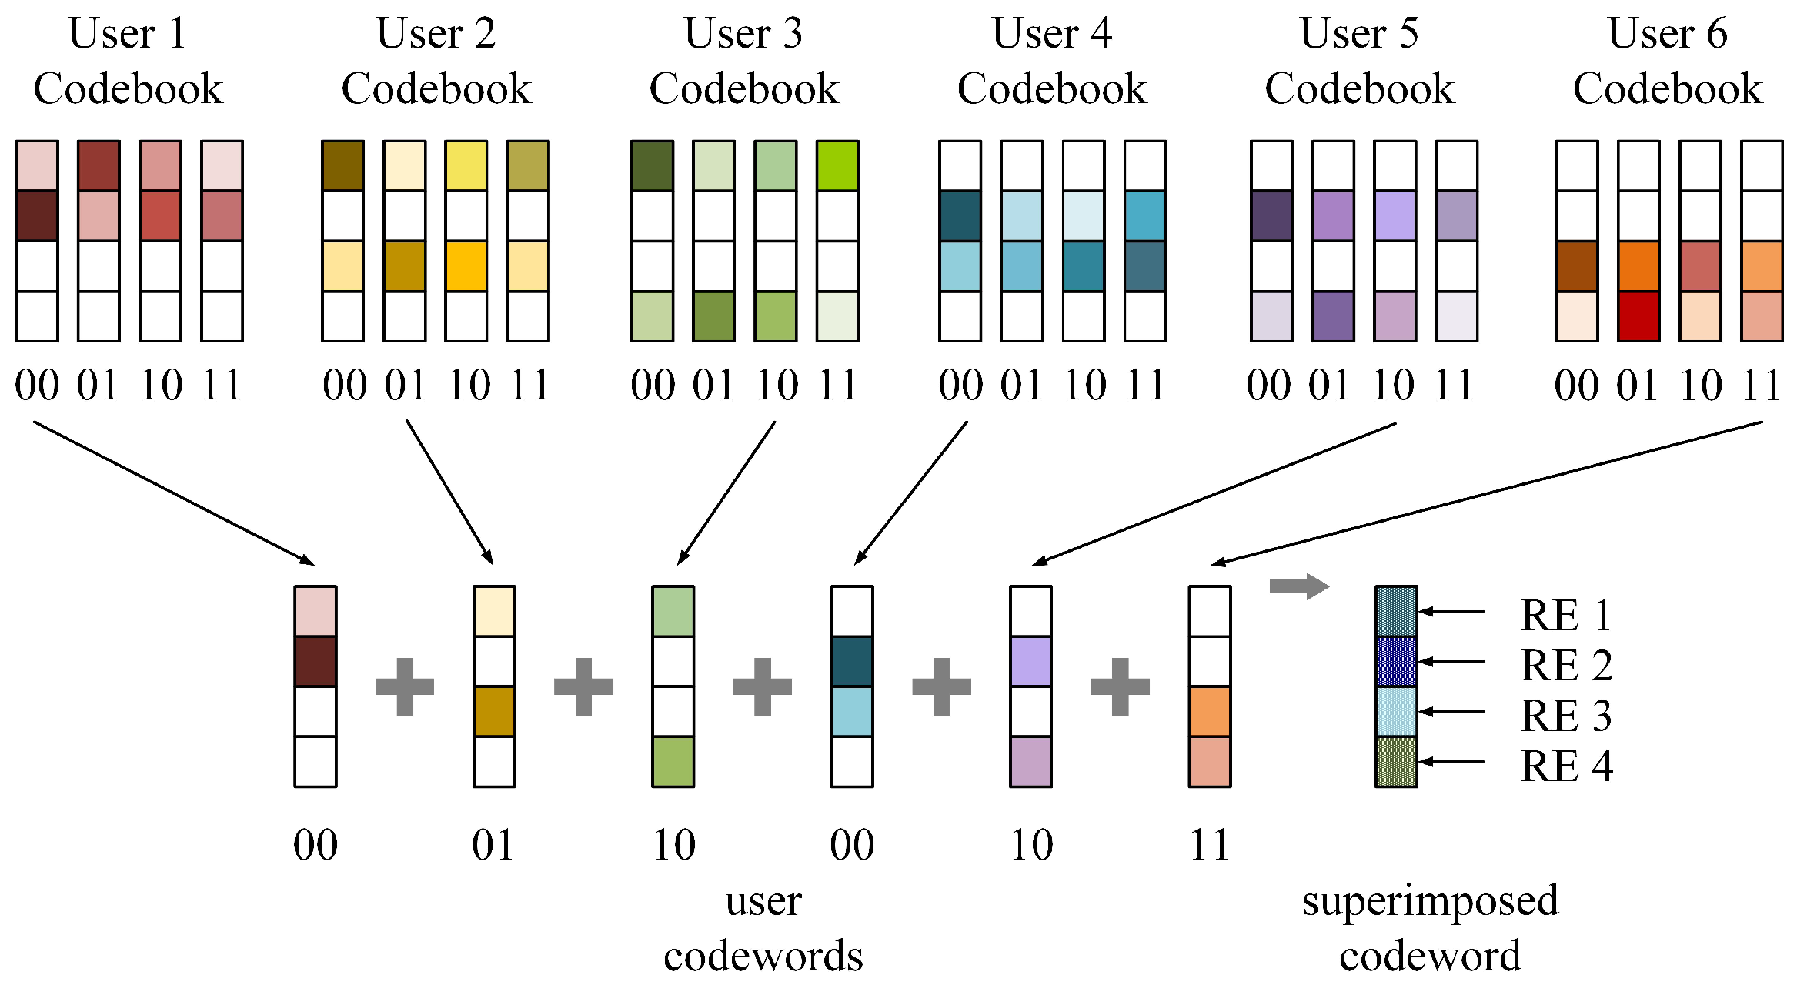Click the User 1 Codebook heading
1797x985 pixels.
128,62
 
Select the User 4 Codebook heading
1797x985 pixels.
1052,62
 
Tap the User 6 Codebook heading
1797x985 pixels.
1668,62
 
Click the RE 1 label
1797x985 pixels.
1565,615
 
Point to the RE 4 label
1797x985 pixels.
1567,766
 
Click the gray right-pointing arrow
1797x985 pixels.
1299,586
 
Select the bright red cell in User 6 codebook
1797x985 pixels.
1638,316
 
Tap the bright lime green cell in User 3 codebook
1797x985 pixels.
837,165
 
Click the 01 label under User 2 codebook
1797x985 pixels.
406,386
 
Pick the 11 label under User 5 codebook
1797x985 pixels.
1455,386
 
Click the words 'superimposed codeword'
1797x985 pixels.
1430,928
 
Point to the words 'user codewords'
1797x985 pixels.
763,928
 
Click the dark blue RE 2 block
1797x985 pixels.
1396,662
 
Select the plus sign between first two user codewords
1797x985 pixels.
405,686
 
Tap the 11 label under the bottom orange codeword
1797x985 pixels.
1209,845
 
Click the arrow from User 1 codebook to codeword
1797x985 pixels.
173,492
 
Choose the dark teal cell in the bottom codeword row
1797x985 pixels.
852,662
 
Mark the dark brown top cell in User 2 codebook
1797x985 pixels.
343,165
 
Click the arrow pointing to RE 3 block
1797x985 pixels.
1451,712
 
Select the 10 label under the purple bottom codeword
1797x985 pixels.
1031,845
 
